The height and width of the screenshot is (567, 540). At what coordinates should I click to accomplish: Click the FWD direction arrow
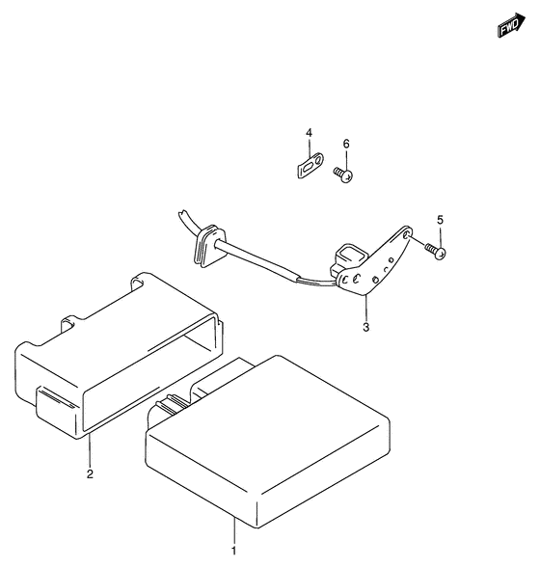coord(511,25)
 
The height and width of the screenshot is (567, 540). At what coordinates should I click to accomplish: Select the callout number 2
coord(90,473)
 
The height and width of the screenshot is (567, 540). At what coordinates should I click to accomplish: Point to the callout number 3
coord(366,327)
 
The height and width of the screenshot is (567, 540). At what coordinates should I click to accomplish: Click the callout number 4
coord(309,133)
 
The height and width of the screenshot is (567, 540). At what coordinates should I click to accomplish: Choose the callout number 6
coord(346,144)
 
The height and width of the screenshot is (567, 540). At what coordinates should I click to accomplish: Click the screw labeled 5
coord(436,251)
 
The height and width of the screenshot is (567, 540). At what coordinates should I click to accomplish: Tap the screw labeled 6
coord(343,175)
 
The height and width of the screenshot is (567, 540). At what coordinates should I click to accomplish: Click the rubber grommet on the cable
coord(209,246)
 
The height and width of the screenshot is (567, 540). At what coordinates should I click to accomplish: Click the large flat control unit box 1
coord(268,442)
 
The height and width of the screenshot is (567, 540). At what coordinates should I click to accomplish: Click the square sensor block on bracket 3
coord(350,256)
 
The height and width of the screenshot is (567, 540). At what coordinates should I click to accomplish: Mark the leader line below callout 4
coord(310,148)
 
